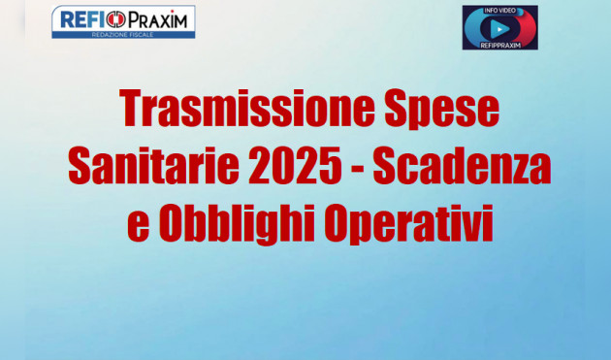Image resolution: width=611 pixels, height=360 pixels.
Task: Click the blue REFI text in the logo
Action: [82, 18]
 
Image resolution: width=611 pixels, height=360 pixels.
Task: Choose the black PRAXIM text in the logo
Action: [159, 18]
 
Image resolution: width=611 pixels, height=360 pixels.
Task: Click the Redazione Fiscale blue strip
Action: [123, 33]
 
